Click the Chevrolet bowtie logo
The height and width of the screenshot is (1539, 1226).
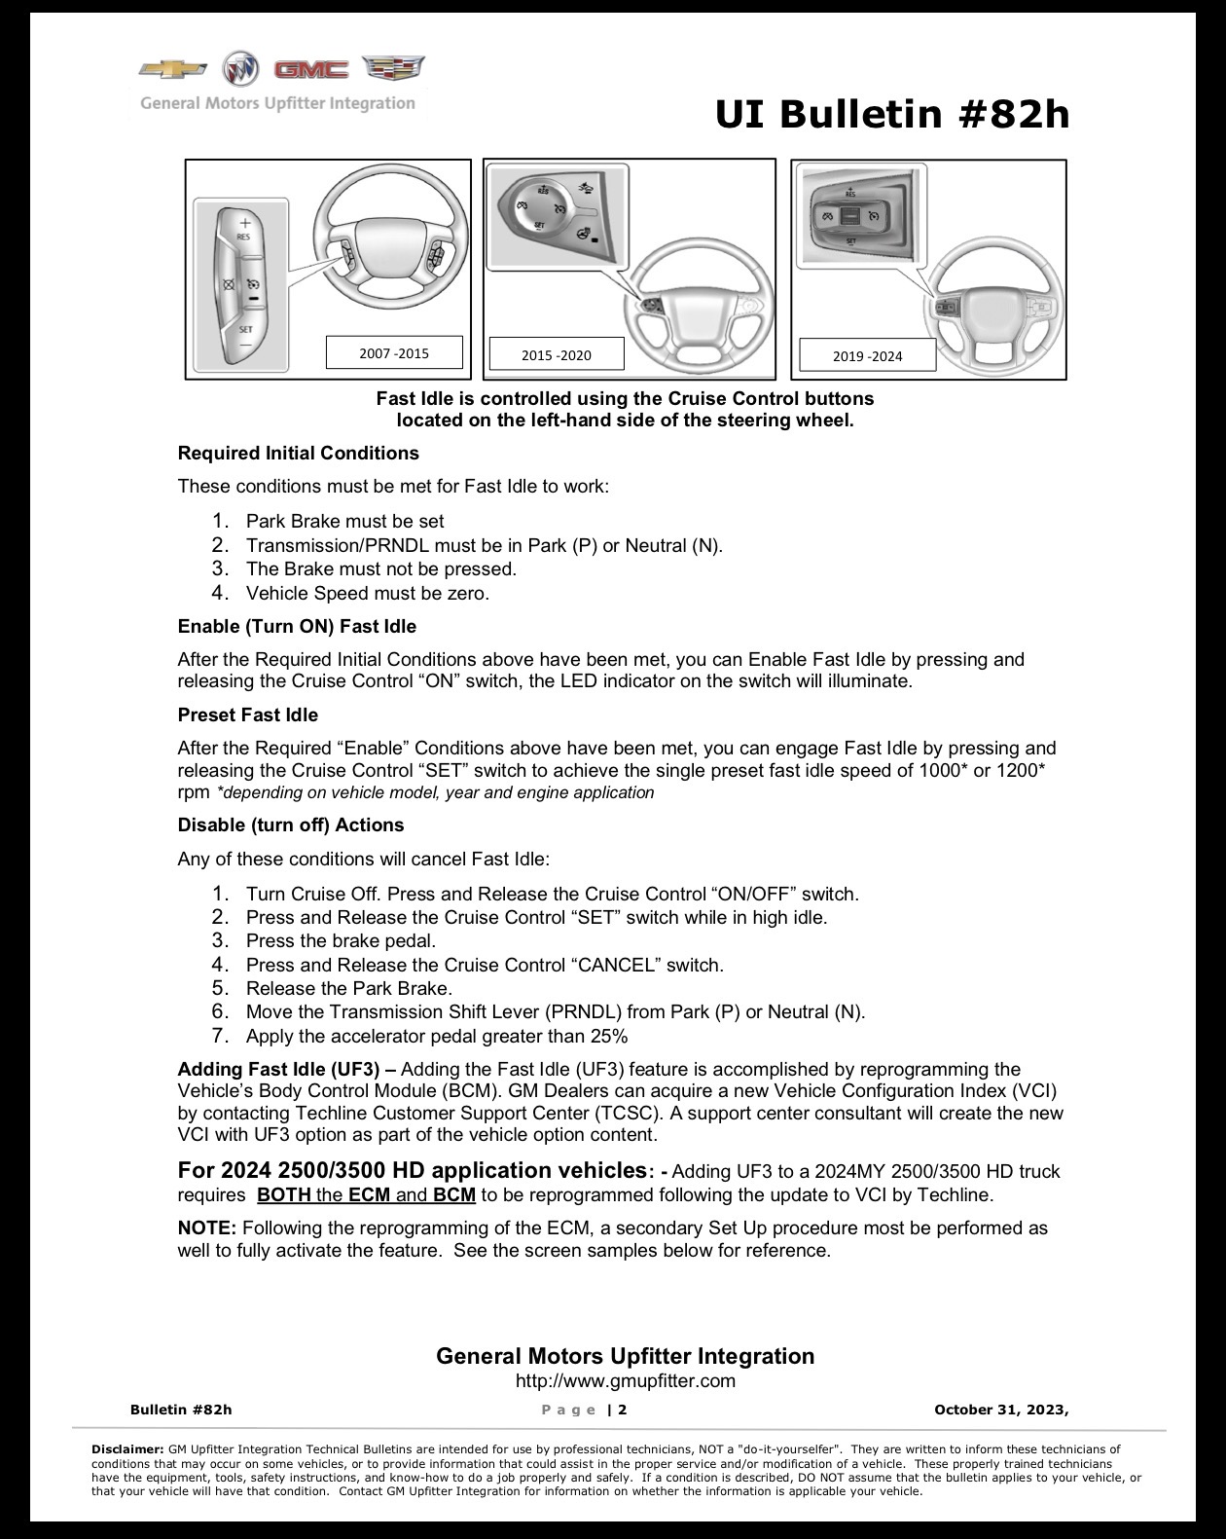point(172,69)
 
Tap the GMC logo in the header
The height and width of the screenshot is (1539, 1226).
point(311,69)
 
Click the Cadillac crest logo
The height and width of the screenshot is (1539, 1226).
point(393,68)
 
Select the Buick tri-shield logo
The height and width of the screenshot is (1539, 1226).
point(240,69)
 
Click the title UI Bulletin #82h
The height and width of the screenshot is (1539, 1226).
point(892,115)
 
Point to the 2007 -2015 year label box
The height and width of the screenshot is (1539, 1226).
point(395,352)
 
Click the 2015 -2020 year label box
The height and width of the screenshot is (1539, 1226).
point(557,354)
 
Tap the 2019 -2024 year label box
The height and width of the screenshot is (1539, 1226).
point(867,355)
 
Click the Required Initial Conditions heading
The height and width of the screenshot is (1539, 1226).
point(298,454)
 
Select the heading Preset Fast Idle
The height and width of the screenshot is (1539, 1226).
point(248,715)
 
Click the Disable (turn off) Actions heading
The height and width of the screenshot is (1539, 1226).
point(291,825)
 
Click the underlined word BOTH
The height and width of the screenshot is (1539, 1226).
point(284,1195)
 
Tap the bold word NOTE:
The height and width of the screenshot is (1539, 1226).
point(206,1228)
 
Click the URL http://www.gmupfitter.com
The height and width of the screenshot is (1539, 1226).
point(626,1381)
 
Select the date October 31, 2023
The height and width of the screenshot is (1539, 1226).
point(1001,1411)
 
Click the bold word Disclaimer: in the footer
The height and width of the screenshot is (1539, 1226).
point(128,1449)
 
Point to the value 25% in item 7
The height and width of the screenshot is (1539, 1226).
point(609,1037)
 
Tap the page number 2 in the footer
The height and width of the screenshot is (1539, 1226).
point(623,1411)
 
